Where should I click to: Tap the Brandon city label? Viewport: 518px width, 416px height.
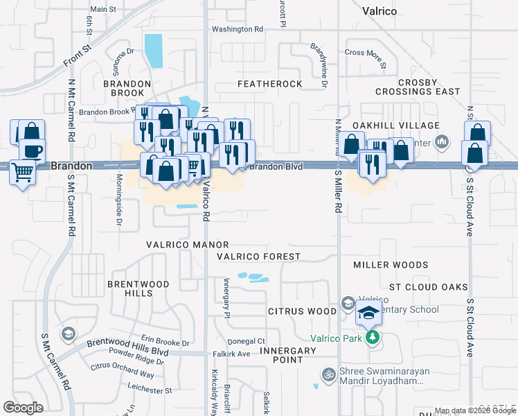[x=71, y=166]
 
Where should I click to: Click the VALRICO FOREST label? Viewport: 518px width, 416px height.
[x=258, y=257]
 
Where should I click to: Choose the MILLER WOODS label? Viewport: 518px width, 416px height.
[x=391, y=265]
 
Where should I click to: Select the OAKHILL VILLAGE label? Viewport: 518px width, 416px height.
[x=396, y=125]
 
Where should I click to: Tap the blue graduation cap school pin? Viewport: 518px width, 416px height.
[x=369, y=313]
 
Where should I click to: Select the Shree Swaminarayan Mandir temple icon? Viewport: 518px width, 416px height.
[x=329, y=373]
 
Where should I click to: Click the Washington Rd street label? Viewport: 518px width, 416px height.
[x=238, y=29]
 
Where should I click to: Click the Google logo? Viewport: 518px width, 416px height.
[x=23, y=408]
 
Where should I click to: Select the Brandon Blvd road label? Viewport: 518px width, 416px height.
[x=276, y=166]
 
